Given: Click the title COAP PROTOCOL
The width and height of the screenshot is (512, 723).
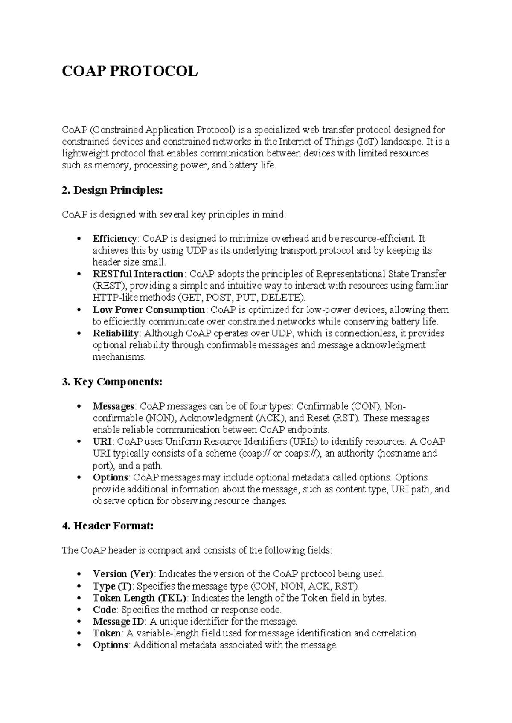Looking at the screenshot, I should (130, 71).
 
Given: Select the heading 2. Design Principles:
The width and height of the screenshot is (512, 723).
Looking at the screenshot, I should (112, 190).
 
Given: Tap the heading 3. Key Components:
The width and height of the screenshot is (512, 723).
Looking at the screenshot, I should (112, 382).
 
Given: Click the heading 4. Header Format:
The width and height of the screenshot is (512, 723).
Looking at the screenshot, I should (108, 526).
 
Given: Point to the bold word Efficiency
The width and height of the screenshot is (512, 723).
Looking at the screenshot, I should (115, 238).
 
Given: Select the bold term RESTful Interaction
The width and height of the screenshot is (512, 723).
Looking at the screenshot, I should (138, 274).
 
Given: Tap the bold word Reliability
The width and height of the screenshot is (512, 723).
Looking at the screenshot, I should (116, 333).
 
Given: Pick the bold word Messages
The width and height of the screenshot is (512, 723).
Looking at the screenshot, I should (113, 406).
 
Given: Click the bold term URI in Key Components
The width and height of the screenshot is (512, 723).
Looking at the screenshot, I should (102, 441).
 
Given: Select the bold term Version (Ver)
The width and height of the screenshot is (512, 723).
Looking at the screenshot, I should (123, 574).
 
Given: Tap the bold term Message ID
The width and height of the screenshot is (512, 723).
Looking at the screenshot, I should (119, 622).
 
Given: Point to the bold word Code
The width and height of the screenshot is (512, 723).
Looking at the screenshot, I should (105, 610).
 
